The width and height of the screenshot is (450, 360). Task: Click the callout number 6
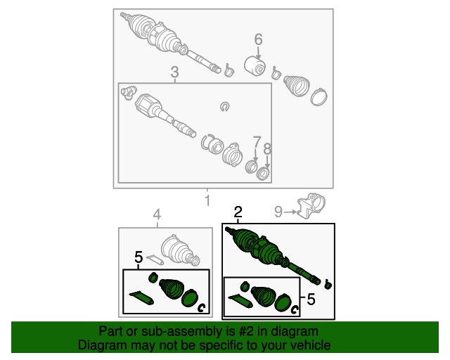pos(258,39)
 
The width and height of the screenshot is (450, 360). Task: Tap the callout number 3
pos(175,72)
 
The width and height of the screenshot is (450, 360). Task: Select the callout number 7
pos(257,142)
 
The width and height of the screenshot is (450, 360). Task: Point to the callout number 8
pos(267,149)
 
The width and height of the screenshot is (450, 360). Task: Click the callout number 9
pos(278,212)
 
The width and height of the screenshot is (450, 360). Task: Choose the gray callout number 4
pos(157,214)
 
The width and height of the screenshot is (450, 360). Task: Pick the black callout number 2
pos(238,212)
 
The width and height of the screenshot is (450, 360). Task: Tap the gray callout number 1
pos(208,200)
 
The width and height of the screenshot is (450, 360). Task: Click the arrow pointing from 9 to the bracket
pos(290,212)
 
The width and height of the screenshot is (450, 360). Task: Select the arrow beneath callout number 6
pos(258,53)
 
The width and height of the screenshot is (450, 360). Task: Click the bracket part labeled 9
pos(311,205)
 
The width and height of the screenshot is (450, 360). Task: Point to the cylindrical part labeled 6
pos(255,66)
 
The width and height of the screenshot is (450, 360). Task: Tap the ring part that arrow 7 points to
pos(252,167)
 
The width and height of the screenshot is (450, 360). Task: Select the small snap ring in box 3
pos(225,107)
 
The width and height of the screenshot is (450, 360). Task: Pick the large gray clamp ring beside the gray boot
pos(319,97)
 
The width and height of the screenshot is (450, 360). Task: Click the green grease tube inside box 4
pos(141,297)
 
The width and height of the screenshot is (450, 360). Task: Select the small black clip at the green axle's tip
pos(327,284)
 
